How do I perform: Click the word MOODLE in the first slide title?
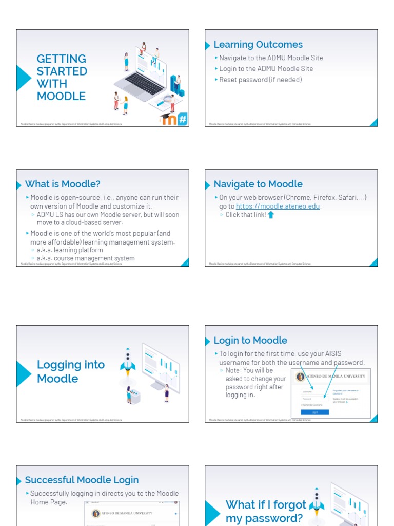click(x=61, y=96)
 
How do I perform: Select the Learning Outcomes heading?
click(x=258, y=45)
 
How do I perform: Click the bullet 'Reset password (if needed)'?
click(x=260, y=80)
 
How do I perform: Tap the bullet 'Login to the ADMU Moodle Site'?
click(x=266, y=69)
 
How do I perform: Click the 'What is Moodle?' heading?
click(x=63, y=184)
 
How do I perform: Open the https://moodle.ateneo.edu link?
click(x=278, y=206)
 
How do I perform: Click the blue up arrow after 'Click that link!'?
click(x=271, y=215)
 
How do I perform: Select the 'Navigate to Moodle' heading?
click(x=258, y=184)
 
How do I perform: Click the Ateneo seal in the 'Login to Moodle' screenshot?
click(x=300, y=377)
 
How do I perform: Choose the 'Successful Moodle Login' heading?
click(x=82, y=480)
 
